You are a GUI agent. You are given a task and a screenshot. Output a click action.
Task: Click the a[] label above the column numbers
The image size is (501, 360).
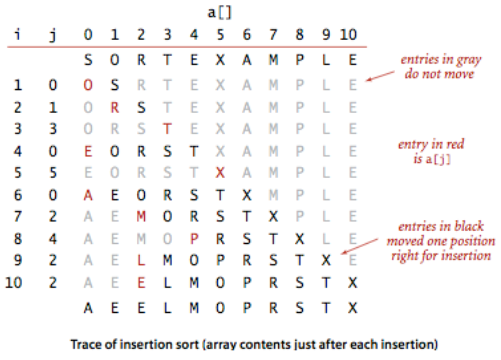220,13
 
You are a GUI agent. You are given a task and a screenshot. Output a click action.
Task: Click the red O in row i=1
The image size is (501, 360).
88,85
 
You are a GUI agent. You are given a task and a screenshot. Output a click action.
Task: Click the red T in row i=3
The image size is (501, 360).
167,129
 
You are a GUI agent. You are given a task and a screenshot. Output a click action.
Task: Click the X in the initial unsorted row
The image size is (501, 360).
220,61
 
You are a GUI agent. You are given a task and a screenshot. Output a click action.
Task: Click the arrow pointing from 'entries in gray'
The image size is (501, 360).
381,76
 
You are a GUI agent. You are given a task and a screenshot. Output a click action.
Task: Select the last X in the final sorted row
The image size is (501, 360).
352,308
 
